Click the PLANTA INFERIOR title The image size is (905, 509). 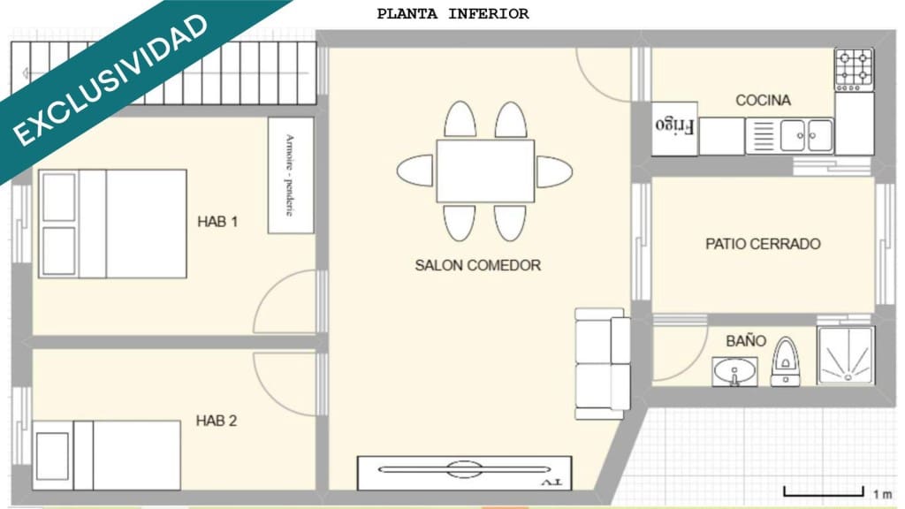[452, 14]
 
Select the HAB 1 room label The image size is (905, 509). [217, 222]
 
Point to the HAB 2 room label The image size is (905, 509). [217, 421]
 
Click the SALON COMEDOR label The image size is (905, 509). [477, 265]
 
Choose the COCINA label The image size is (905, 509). [763, 101]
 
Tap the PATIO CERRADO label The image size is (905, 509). [763, 244]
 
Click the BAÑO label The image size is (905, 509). [746, 341]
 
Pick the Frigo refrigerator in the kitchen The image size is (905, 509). [676, 125]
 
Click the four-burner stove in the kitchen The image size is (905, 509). [854, 69]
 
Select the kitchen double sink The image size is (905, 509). [806, 136]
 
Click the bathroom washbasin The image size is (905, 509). [734, 370]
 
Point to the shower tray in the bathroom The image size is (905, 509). [846, 356]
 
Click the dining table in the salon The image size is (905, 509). [484, 171]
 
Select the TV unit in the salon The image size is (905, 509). [464, 472]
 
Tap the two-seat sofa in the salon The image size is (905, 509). [602, 362]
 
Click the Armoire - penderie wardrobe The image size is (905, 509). [291, 175]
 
